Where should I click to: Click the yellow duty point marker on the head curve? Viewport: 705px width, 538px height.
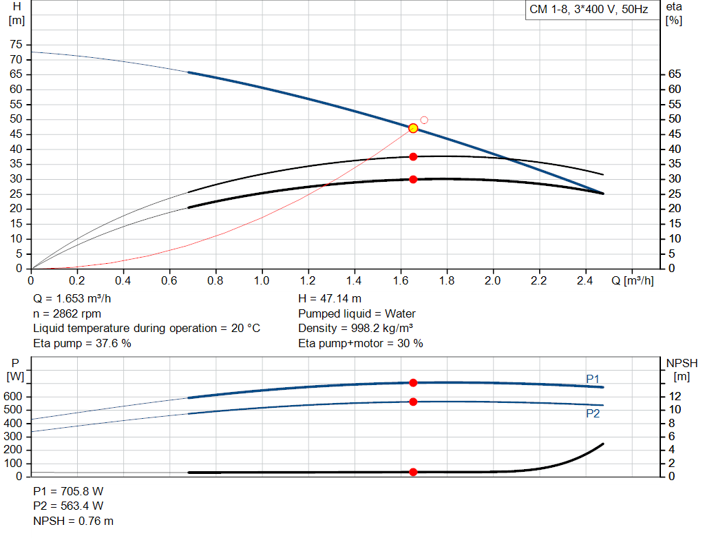tap(413, 128)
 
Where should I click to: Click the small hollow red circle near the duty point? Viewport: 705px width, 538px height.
tap(424, 120)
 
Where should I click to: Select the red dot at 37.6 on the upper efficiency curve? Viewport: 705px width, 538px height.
tap(413, 157)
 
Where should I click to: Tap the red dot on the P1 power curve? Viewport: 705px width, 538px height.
tap(413, 382)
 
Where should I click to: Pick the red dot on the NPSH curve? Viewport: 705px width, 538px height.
tap(413, 472)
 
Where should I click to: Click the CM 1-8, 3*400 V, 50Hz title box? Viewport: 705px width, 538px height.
tap(589, 10)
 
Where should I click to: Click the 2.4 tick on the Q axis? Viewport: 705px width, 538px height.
tap(585, 281)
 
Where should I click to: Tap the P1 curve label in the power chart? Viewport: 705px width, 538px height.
tap(593, 379)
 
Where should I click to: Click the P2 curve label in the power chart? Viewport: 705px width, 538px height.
tap(593, 413)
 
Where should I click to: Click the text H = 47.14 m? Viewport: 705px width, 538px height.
tap(330, 299)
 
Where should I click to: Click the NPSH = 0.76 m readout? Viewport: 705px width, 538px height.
tap(74, 521)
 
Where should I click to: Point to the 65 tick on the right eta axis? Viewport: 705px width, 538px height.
tap(674, 74)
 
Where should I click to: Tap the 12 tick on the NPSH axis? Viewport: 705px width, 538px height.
tap(676, 396)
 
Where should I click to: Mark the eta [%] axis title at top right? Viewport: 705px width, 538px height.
tap(674, 13)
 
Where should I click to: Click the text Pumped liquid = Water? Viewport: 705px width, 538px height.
tap(357, 313)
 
